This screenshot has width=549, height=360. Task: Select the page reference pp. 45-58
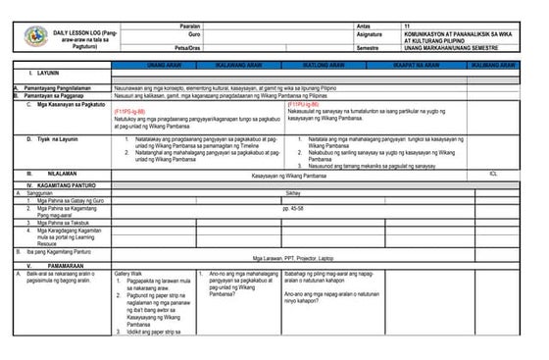tap(292, 209)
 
